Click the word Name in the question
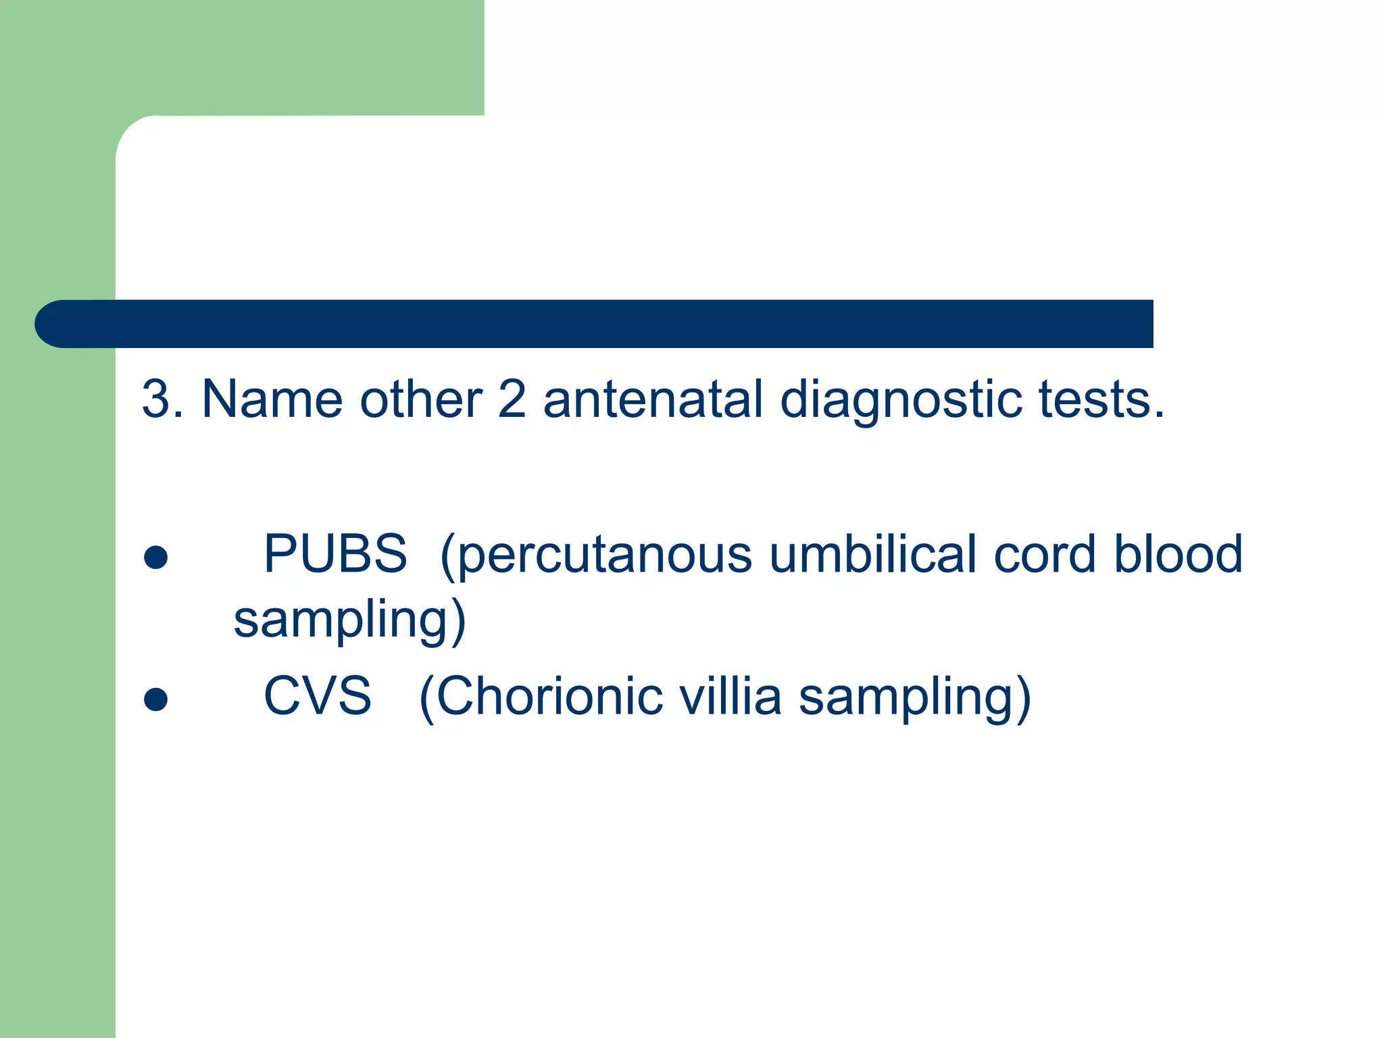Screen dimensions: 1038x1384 pos(272,399)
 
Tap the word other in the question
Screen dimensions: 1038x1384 pos(420,399)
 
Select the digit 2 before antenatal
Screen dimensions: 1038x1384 pos(512,399)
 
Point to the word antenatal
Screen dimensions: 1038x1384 pos(653,399)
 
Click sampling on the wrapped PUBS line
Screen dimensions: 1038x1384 pos(341,620)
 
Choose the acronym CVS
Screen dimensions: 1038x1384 pos(318,696)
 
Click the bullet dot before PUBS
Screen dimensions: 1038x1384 pos(156,558)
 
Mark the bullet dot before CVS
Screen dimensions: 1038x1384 pos(156,699)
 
